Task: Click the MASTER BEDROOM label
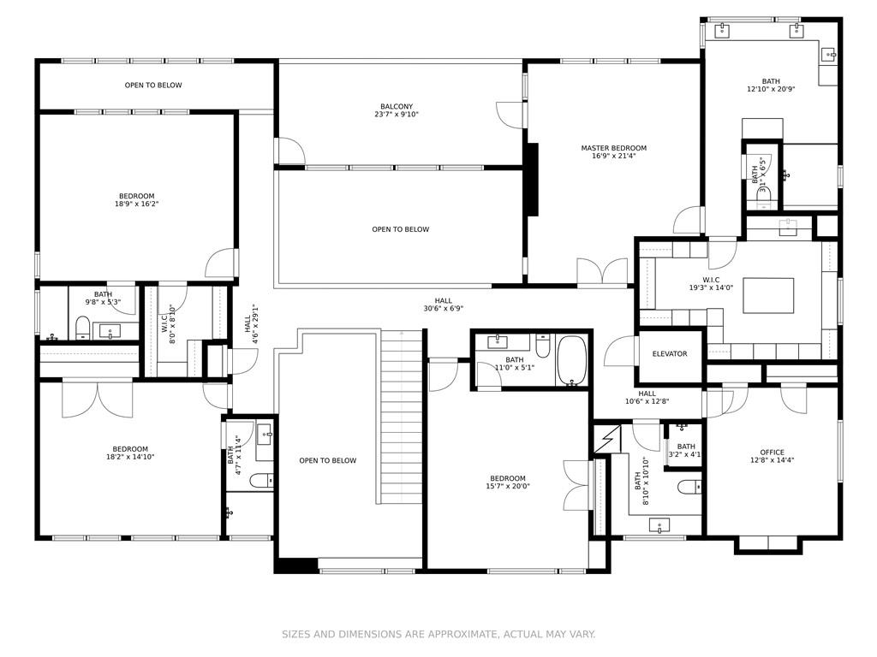tap(613, 148)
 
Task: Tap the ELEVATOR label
tap(669, 354)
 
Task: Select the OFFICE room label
tap(772, 453)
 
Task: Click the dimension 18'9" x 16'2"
tap(136, 204)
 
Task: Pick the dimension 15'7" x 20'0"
tap(508, 487)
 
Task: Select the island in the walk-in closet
tap(767, 296)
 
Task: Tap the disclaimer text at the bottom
tap(438, 634)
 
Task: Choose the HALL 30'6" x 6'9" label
tap(443, 305)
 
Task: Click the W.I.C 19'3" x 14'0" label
tap(712, 283)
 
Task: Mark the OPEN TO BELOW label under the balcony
tap(400, 229)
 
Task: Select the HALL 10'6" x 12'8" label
tap(647, 397)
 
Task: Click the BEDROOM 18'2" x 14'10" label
tap(130, 453)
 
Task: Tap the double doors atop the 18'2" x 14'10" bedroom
tap(97, 398)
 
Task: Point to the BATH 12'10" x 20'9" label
tap(771, 85)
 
